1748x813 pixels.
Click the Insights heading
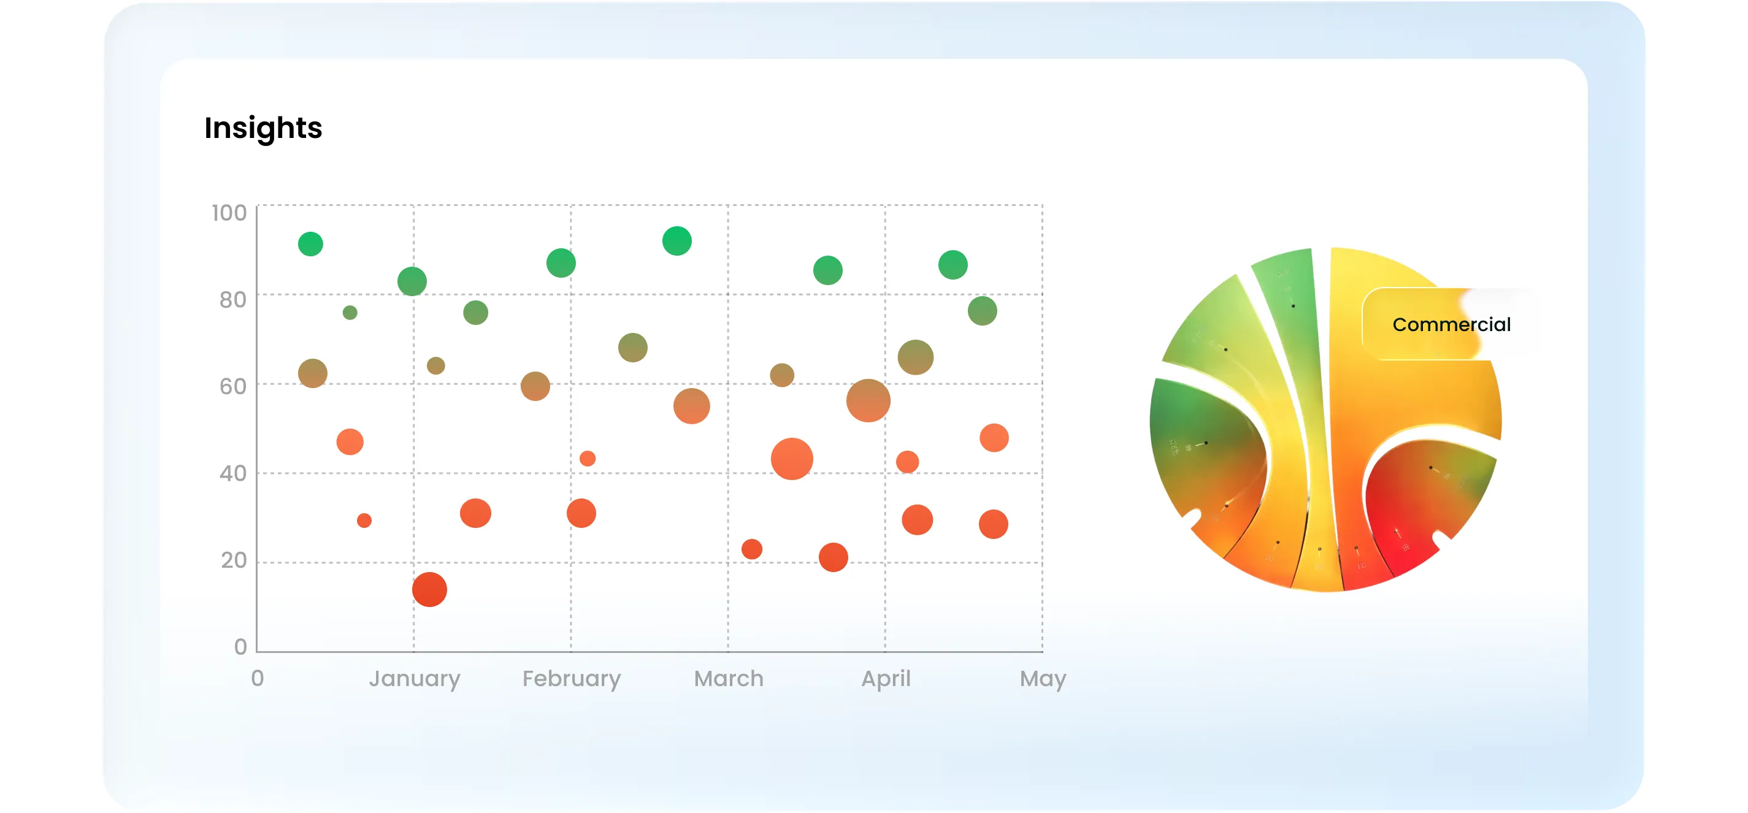coord(263,128)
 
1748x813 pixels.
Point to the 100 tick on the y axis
coord(229,213)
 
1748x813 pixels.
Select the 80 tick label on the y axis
coord(232,300)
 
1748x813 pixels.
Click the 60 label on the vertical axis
coord(232,386)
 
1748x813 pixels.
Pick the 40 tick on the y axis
coord(232,473)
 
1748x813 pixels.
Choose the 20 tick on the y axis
coord(234,560)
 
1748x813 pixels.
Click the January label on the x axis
coord(415,679)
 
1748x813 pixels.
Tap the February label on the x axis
coord(572,679)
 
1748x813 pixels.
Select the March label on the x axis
coord(729,679)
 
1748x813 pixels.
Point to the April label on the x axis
coord(886,679)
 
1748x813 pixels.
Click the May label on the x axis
coord(1043,679)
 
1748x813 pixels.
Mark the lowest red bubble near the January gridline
coord(429,589)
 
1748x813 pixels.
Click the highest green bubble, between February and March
coord(677,241)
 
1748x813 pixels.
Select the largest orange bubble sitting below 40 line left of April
coord(792,459)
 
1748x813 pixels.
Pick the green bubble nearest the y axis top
coord(311,244)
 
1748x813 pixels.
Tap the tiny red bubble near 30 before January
coord(364,521)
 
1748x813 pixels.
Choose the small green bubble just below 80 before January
coord(350,313)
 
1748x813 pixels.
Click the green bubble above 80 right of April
coord(953,264)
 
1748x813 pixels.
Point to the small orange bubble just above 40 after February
coord(588,459)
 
